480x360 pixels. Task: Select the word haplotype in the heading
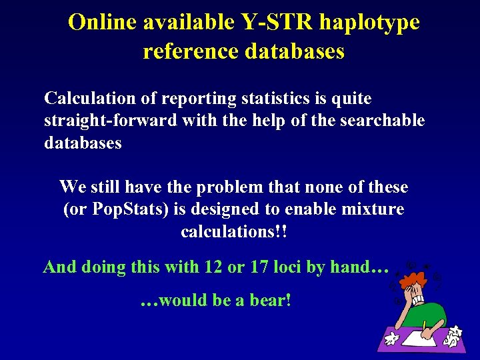click(369, 23)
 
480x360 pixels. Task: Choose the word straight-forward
click(111, 121)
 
